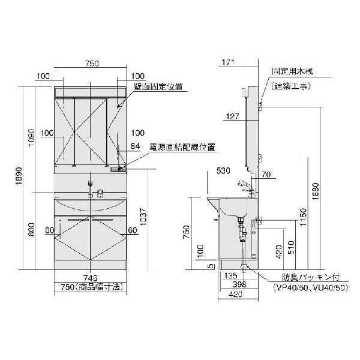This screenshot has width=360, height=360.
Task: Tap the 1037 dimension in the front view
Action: [143, 222]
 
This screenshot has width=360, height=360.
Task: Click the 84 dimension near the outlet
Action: [135, 145]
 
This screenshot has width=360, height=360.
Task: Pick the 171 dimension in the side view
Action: [227, 62]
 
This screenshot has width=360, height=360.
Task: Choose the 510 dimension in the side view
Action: [290, 247]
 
